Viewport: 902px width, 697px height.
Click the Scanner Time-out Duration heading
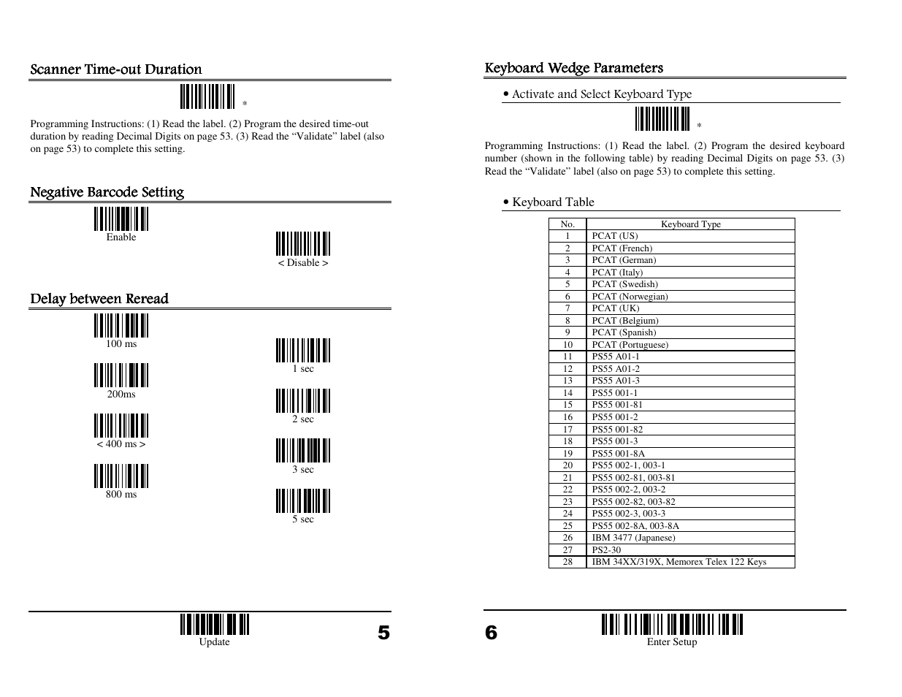coord(116,69)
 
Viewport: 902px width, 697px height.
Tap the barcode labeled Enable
coord(121,219)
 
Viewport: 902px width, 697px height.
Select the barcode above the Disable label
coord(303,244)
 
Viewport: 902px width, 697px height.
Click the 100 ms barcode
coord(121,326)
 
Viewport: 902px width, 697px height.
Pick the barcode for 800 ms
coord(121,476)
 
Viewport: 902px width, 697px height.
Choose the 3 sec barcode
coord(303,451)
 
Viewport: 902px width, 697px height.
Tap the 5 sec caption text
coord(303,519)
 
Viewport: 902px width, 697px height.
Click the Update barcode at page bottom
coord(215,625)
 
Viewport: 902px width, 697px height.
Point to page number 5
coord(383,633)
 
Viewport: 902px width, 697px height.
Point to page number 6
coord(491,633)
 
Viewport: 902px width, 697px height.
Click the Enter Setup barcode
coord(672,625)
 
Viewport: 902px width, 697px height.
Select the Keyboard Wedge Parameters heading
coord(574,68)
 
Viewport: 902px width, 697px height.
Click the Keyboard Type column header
coord(690,224)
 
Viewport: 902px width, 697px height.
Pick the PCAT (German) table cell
coord(624,260)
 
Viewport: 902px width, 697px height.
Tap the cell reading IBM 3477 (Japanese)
coord(633,538)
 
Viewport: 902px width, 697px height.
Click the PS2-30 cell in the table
coord(606,550)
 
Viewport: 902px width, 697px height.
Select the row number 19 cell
coord(567,453)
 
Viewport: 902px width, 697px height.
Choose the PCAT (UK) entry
coord(615,308)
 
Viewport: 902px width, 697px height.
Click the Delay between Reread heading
coord(99,299)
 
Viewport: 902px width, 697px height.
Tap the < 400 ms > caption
coord(121,444)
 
